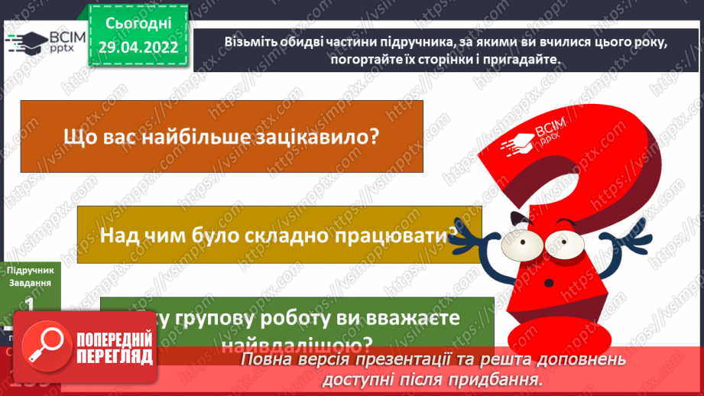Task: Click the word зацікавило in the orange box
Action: point(322,137)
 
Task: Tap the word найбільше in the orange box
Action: point(201,137)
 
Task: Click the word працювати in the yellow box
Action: point(397,234)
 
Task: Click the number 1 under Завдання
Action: point(30,303)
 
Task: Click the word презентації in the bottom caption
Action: point(392,360)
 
